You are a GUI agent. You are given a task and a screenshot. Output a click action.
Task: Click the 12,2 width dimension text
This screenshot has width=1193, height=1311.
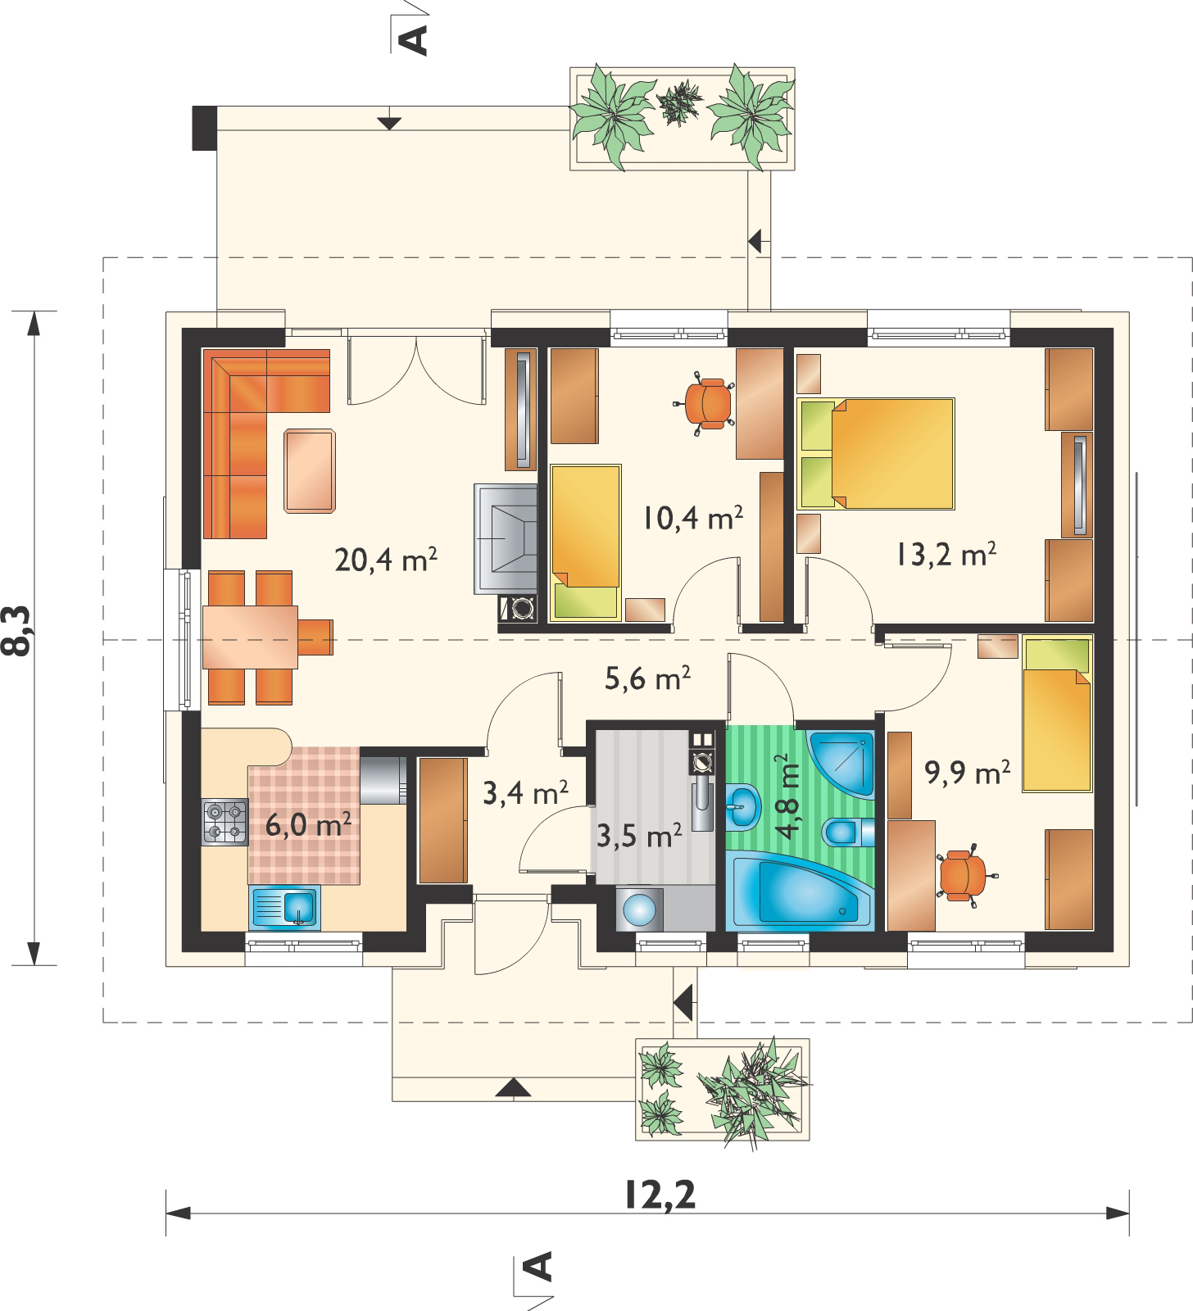point(659,1195)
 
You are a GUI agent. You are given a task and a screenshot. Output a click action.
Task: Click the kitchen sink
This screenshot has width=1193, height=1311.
point(284,909)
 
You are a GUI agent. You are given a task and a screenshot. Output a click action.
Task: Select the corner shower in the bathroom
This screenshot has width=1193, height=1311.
point(841,760)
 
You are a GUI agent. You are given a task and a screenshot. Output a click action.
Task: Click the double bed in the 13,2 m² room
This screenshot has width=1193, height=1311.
point(876,454)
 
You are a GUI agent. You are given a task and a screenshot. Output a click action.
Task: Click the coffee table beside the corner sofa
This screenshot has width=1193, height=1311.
point(310,471)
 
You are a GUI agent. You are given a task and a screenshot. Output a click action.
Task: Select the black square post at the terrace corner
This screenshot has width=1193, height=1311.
point(204,128)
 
